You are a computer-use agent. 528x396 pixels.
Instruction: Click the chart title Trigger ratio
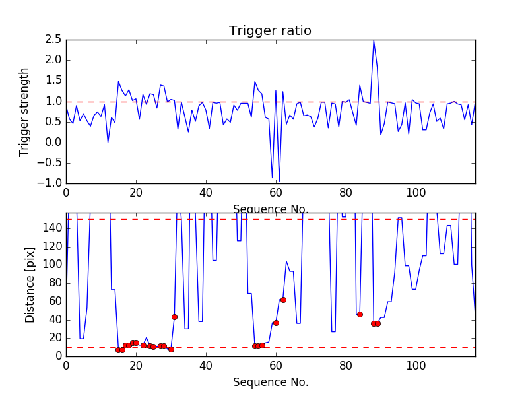[x=270, y=31]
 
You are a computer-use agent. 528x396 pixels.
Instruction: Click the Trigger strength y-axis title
[x=24, y=112]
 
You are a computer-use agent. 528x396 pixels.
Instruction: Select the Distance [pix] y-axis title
[x=30, y=284]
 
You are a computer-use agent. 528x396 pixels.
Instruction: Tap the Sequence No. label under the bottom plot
[x=270, y=382]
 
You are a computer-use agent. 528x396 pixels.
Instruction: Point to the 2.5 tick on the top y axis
[x=53, y=40]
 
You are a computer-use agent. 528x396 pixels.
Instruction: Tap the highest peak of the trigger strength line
[x=374, y=40]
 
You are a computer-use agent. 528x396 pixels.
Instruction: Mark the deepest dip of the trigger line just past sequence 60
[x=279, y=181]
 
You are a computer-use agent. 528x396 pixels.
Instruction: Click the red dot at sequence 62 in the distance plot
[x=283, y=300]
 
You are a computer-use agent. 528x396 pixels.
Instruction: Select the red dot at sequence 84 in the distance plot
[x=360, y=314]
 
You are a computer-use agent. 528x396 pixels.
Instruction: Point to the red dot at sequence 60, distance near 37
[x=276, y=323]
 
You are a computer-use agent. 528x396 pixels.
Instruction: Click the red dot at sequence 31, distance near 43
[x=174, y=317]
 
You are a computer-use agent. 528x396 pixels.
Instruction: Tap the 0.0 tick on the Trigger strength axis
[x=53, y=143]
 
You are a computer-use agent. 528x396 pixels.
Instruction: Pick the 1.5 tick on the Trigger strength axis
[x=53, y=81]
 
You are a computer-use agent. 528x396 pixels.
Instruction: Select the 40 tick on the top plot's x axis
[x=206, y=193]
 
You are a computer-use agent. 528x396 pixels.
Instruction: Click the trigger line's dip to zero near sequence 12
[x=108, y=142]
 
